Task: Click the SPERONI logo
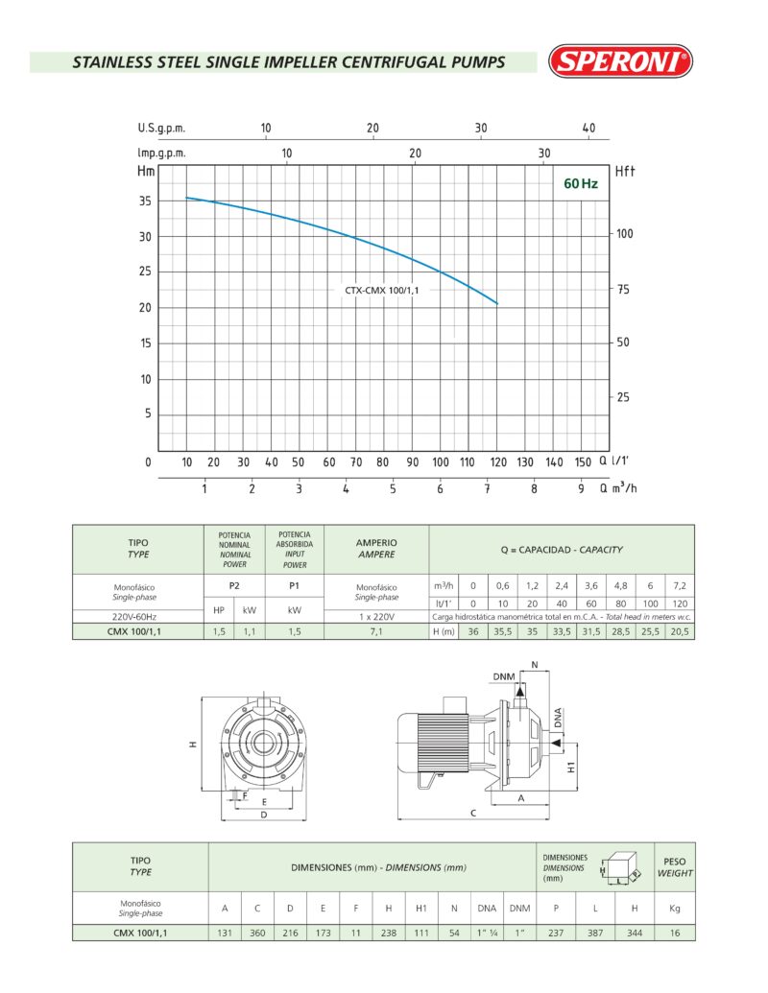click(620, 61)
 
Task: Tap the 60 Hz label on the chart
click(581, 183)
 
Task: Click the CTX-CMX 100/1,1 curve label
click(381, 290)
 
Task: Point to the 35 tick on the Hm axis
click(145, 201)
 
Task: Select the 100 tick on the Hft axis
click(624, 234)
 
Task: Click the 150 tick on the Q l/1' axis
click(583, 462)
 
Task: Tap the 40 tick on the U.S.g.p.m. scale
click(588, 128)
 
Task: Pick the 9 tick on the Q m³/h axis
click(581, 488)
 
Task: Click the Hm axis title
click(146, 171)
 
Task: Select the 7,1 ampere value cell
click(376, 631)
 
